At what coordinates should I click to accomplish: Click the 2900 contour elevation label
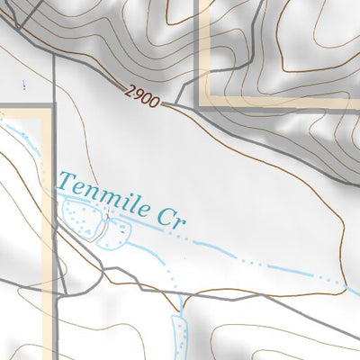click(143, 96)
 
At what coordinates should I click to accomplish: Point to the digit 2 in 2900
click(130, 91)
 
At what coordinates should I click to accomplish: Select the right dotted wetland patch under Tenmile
click(115, 232)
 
